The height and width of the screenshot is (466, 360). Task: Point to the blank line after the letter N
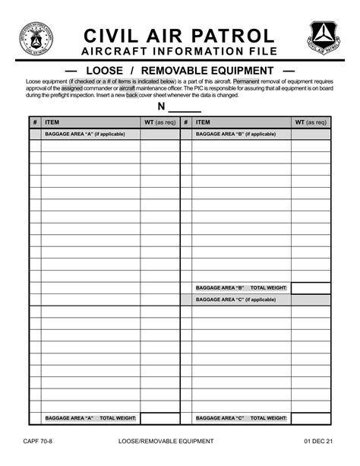pyautogui.click(x=185, y=107)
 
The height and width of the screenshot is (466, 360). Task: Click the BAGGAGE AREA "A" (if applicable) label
pyautogui.click(x=84, y=135)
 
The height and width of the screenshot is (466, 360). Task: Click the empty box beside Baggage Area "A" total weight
pyautogui.click(x=159, y=418)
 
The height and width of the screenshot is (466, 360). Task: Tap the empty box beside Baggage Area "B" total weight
pyautogui.click(x=311, y=288)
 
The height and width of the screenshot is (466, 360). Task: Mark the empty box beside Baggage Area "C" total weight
pyautogui.click(x=311, y=418)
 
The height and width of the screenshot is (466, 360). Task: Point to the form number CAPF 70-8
pyautogui.click(x=38, y=441)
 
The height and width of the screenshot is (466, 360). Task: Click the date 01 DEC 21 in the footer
pyautogui.click(x=318, y=441)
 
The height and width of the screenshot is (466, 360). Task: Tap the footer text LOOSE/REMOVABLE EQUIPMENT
pyautogui.click(x=166, y=441)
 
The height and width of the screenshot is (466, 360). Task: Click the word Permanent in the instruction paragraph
pyautogui.click(x=246, y=81)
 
